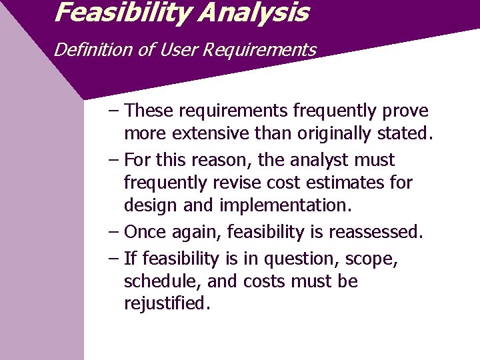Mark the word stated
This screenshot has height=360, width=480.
(x=404, y=133)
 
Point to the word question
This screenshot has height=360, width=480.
(x=301, y=259)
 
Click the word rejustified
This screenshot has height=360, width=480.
(x=167, y=304)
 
